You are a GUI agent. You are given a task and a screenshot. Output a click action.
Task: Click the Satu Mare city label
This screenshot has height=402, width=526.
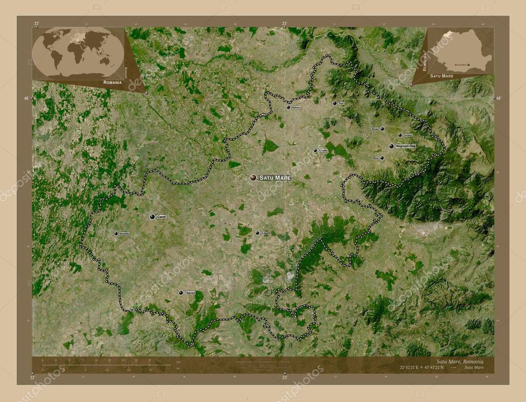(275, 178)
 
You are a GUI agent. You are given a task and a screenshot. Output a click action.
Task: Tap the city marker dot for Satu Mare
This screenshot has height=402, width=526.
(253, 178)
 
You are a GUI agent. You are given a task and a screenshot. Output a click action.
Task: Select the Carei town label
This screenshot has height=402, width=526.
(162, 217)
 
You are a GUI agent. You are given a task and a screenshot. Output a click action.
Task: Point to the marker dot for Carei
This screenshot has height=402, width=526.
(153, 217)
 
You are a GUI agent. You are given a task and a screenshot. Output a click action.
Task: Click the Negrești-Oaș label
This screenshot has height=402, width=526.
(406, 146)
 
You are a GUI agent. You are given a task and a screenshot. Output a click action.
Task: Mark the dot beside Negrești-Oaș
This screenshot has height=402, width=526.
(391, 146)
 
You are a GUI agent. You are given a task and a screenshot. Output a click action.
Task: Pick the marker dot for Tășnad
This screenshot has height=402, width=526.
(181, 293)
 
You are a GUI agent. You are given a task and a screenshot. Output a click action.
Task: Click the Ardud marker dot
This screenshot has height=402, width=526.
(257, 233)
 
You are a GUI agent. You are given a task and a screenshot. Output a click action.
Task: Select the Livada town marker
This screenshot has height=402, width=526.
(315, 150)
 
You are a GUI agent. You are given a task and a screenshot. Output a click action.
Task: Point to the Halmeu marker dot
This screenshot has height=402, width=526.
(288, 107)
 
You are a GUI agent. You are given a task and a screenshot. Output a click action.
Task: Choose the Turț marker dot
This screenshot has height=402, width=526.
(334, 103)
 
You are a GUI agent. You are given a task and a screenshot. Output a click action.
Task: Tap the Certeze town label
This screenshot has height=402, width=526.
(408, 136)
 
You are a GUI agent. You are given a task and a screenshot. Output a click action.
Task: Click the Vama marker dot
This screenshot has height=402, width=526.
(382, 158)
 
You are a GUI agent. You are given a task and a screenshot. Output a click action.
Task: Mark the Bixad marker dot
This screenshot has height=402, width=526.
(382, 129)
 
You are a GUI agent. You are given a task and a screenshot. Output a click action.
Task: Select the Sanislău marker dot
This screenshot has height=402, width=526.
(116, 234)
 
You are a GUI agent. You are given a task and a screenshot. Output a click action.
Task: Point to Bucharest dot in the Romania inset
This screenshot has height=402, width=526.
(475, 65)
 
